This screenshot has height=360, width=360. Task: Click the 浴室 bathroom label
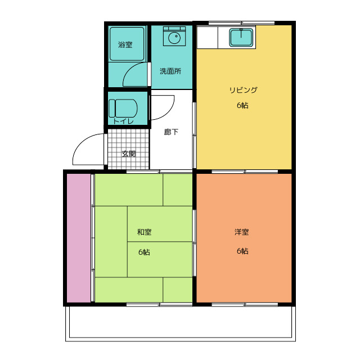(125, 44)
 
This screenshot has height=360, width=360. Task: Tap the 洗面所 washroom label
(170, 71)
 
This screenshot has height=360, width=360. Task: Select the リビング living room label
(242, 90)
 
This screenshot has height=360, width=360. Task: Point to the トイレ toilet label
(123, 121)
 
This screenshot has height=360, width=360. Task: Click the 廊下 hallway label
(172, 132)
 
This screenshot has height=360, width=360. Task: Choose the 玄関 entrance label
(129, 154)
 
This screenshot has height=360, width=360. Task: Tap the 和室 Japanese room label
(144, 232)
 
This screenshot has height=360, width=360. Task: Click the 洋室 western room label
(242, 232)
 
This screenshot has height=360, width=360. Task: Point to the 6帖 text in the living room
(242, 106)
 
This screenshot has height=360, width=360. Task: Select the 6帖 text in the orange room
(242, 251)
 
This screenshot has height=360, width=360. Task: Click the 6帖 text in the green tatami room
(144, 251)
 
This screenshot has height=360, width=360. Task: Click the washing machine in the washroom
(173, 37)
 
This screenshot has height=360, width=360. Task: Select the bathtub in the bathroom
(127, 44)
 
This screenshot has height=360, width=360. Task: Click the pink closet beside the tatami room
(79, 237)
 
